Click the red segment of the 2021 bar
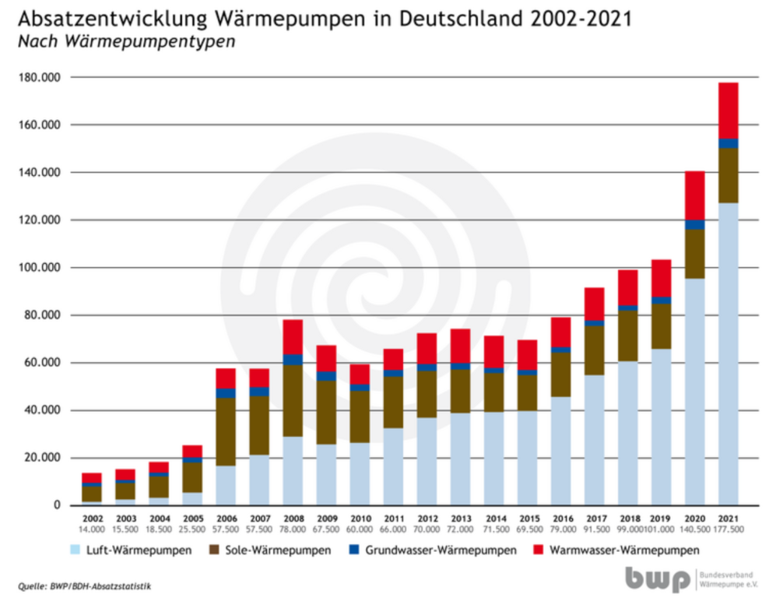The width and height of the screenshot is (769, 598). pos(728,110)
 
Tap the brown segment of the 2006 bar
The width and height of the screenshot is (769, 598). pos(226,432)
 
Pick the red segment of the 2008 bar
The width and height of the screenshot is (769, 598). pos(293,336)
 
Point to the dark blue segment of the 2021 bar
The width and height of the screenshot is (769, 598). pos(728,143)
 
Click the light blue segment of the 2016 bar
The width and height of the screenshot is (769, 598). pos(560,451)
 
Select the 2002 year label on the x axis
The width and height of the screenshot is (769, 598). pos(92,517)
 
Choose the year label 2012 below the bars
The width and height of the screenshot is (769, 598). pos(427,517)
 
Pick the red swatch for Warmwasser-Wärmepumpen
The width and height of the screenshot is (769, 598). pos(539,551)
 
